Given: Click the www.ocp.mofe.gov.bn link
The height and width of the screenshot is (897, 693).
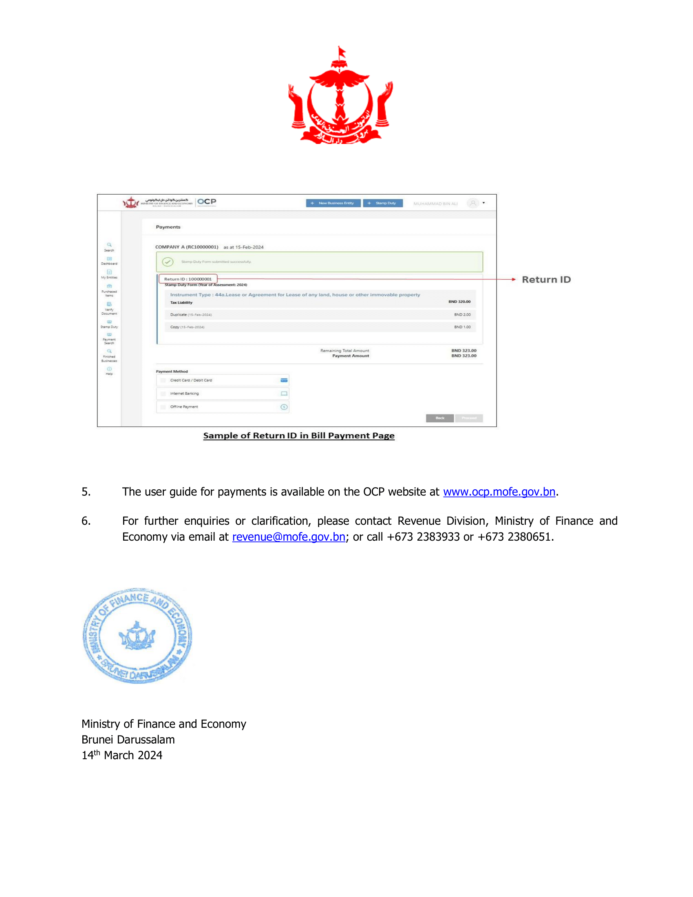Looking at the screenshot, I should pos(499,492).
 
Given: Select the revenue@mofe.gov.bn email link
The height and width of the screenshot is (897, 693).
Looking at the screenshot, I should pos(288,537).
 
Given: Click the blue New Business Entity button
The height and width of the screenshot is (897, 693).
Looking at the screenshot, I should pos(333,203).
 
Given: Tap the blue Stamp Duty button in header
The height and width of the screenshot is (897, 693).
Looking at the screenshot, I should pos(383,203).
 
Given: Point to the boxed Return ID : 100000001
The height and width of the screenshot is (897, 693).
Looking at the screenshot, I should pos(188,279).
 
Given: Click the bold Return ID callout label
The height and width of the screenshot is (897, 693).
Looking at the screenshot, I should pos(546,280).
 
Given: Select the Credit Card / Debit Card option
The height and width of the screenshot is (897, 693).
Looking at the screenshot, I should pos(191,380).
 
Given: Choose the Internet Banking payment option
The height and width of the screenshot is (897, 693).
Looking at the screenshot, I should pos(184,393).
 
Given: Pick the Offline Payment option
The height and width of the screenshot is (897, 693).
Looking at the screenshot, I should pos(184,407).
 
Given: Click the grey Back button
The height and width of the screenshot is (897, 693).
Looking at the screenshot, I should pos(439,418).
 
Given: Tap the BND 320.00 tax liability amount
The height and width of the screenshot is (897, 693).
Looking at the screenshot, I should pos(459,301).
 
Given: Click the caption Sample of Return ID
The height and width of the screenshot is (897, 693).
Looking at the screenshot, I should pos(298,435).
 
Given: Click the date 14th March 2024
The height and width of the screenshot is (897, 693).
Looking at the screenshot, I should pos(122,755).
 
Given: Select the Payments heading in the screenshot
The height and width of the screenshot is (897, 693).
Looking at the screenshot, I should pos(168,227).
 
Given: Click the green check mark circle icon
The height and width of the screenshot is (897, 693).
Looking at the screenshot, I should pos(168,262).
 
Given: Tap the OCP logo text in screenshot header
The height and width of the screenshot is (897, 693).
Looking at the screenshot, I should pos(207,202).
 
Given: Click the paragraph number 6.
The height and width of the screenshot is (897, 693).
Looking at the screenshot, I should pos(86,521).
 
